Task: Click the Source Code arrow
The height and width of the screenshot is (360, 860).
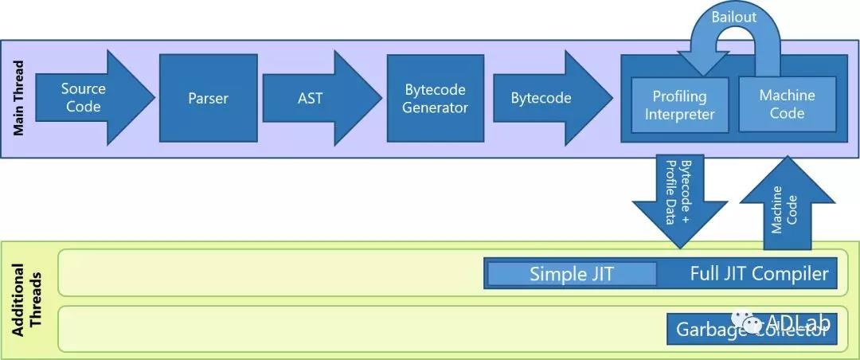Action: [84, 97]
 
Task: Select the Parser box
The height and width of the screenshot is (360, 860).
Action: [208, 98]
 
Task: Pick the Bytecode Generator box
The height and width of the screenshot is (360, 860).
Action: [434, 98]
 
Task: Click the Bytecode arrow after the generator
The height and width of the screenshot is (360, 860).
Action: [541, 98]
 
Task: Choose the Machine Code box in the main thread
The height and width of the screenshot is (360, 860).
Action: [787, 104]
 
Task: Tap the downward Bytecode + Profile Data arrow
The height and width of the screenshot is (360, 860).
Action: [679, 195]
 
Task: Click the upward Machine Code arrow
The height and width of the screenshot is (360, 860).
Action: [787, 199]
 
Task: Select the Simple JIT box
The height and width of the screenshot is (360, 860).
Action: [571, 274]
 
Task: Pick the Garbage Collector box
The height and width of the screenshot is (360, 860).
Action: [752, 329]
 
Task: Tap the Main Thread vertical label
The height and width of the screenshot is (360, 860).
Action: [18, 98]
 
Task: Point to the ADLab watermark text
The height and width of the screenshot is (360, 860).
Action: [799, 322]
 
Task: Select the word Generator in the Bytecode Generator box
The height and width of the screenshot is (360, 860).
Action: [434, 108]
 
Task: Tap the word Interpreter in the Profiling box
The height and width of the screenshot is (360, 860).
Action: [679, 114]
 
